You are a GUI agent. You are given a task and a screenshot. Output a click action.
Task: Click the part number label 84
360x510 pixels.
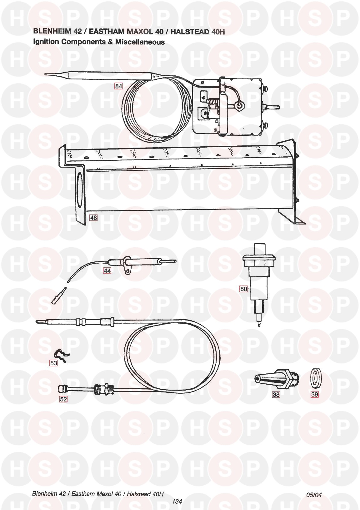pyautogui.click(x=118, y=86)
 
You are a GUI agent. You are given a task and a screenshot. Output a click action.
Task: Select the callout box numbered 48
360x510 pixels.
pyautogui.click(x=93, y=218)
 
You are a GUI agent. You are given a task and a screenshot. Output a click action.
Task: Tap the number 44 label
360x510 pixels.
pyautogui.click(x=107, y=270)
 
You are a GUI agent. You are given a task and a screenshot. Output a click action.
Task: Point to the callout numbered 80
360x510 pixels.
pyautogui.click(x=243, y=289)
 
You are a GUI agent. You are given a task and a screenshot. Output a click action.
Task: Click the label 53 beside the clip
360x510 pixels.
pyautogui.click(x=54, y=363)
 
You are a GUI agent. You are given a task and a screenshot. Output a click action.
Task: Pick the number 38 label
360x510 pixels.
pyautogui.click(x=276, y=394)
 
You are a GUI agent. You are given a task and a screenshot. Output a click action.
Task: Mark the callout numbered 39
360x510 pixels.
pyautogui.click(x=314, y=394)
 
